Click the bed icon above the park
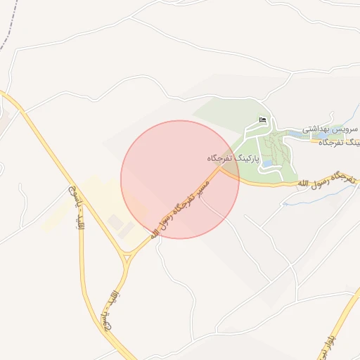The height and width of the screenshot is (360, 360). [x=263, y=120]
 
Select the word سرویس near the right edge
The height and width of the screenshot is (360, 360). [x=346, y=129]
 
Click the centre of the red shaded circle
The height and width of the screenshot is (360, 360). [x=180, y=179]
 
